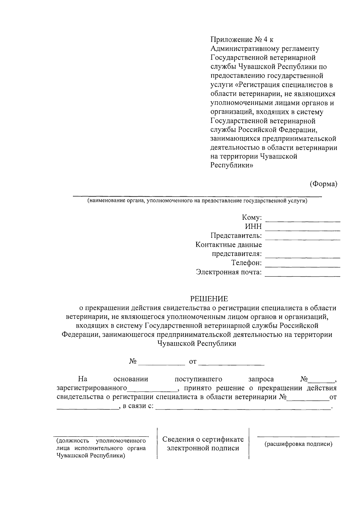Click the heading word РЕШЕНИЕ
pyautogui.click(x=209, y=299)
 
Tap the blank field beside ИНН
pyautogui.click(x=303, y=229)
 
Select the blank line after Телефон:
pyautogui.click(x=303, y=265)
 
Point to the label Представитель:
pyautogui.click(x=236, y=236)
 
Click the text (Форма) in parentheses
pyautogui.click(x=323, y=184)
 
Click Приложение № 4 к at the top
pyautogui.click(x=242, y=40)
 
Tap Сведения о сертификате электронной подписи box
pyautogui.click(x=203, y=444)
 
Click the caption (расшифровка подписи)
pyautogui.click(x=298, y=444)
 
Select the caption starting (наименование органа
pyautogui.click(x=197, y=201)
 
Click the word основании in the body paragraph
pyautogui.click(x=131, y=379)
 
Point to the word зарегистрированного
pyautogui.click(x=92, y=388)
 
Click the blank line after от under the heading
pyautogui.click(x=231, y=363)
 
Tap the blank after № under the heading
pyautogui.click(x=162, y=363)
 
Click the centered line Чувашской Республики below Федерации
pyautogui.click(x=197, y=344)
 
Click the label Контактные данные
pyautogui.click(x=229, y=245)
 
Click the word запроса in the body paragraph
pyautogui.click(x=261, y=379)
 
